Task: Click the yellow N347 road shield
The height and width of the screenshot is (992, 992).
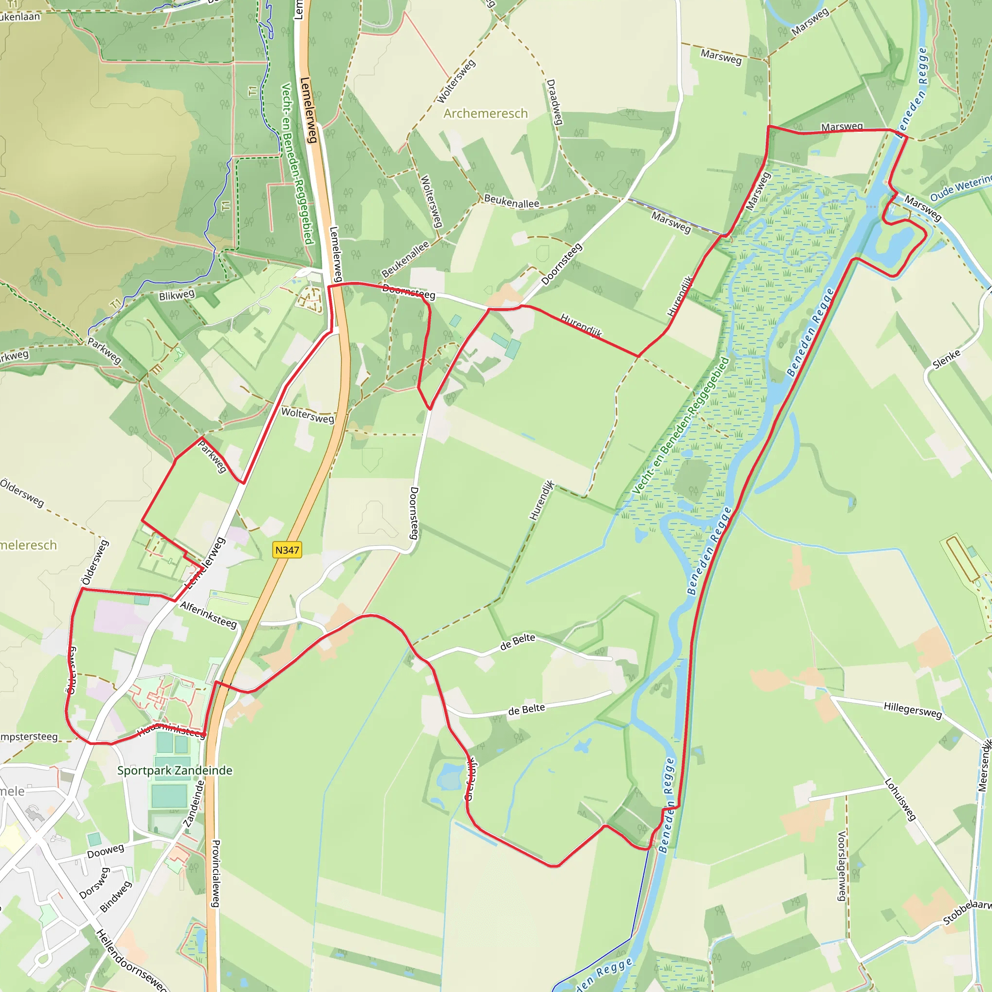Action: click(287, 550)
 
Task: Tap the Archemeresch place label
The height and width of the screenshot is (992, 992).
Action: click(485, 113)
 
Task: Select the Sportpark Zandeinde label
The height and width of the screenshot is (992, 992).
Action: click(174, 770)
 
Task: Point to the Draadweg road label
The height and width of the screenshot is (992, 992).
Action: click(555, 102)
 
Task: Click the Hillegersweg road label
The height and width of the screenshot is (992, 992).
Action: click(913, 711)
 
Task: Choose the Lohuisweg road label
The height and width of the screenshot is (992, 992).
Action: click(900, 799)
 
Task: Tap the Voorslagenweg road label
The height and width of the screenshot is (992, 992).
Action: click(841, 866)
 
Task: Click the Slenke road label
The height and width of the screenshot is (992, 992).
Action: click(946, 359)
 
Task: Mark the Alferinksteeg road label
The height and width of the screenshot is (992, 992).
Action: click(208, 615)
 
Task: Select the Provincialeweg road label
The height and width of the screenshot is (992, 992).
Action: click(216, 873)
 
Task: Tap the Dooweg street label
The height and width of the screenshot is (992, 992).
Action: click(105, 851)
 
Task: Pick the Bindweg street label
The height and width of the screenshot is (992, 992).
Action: click(116, 897)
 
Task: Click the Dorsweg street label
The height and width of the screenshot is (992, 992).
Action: click(95, 883)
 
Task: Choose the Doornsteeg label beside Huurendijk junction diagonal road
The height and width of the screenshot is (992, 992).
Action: click(562, 264)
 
